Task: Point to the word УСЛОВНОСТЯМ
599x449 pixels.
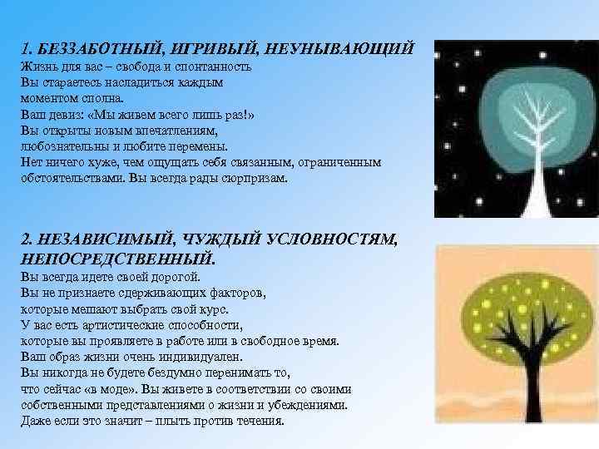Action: (x=333, y=239)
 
